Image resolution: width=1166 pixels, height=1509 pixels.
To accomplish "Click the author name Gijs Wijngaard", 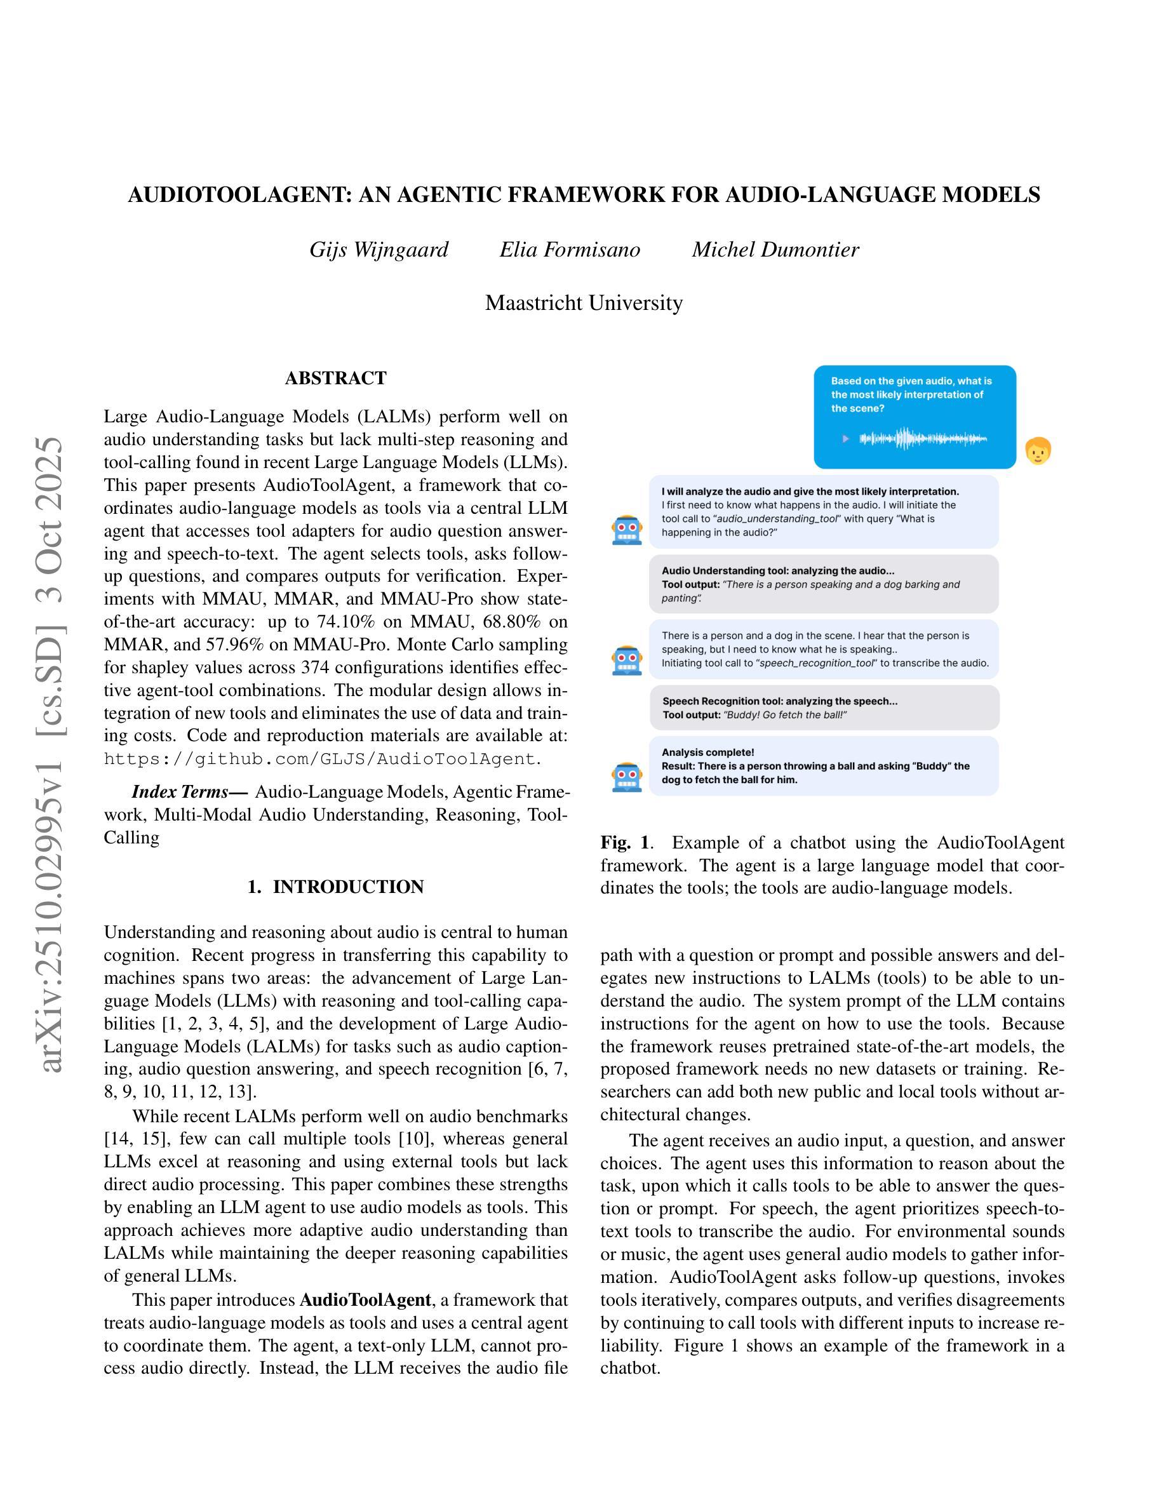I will tap(379, 250).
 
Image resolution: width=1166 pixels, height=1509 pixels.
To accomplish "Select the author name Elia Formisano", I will tap(570, 250).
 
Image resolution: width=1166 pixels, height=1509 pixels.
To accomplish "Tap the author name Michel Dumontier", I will tap(775, 250).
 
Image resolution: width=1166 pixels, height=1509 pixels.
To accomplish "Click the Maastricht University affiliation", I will tap(584, 303).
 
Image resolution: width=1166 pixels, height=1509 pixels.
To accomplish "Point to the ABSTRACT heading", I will tap(336, 378).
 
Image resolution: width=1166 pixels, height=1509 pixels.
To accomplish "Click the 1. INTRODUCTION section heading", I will tap(336, 887).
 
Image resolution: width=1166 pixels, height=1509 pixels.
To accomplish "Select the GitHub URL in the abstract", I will tap(321, 759).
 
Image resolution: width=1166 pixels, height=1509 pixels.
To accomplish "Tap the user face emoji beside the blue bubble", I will tap(1038, 451).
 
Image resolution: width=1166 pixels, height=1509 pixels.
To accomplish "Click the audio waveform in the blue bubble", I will tap(923, 438).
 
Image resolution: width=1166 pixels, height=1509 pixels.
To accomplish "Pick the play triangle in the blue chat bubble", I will tap(845, 438).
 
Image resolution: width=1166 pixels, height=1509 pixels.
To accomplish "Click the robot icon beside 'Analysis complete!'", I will tap(627, 777).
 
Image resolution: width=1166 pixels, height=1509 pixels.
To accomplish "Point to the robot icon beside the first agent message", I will tap(627, 530).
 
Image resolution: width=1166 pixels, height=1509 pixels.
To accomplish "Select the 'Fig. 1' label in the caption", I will tap(624, 842).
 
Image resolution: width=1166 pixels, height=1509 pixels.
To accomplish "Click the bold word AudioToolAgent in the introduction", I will tap(365, 1299).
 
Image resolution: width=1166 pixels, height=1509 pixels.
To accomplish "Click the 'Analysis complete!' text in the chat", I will tap(707, 753).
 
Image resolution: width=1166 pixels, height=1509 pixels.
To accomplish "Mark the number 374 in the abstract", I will tap(317, 667).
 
